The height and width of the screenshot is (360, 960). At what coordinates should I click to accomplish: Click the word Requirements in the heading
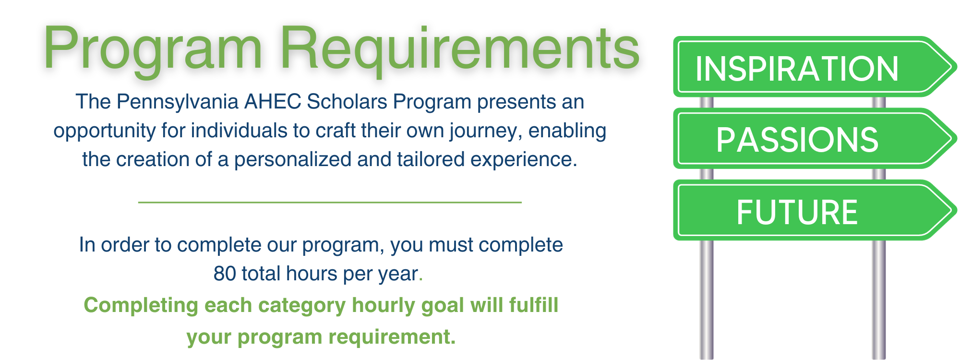pos(460,50)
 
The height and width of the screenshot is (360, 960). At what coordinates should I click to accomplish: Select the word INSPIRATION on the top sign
pos(797,69)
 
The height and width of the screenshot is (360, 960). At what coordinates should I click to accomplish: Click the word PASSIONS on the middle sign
pos(797,140)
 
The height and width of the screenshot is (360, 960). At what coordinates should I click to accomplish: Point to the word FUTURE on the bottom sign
pos(797,212)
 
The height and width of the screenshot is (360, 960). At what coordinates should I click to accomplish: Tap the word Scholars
pos(347,102)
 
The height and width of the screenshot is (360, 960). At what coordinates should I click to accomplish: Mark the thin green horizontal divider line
pos(330,203)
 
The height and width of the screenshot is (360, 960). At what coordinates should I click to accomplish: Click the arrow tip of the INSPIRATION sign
pos(956,67)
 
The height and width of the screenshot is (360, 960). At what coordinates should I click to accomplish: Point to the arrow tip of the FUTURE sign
pos(956,210)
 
